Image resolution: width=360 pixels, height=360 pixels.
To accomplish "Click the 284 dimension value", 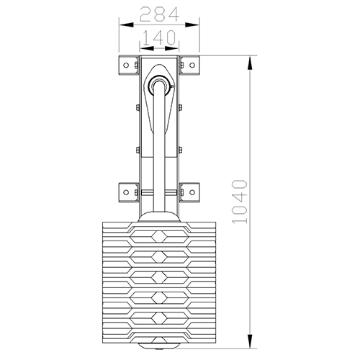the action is pyautogui.click(x=159, y=14).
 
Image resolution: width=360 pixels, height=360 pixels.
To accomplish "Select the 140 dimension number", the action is pyautogui.click(x=159, y=37).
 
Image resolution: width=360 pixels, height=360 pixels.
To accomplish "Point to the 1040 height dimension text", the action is pyautogui.click(x=240, y=202).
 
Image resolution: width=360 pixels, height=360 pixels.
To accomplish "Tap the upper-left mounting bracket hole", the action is pyautogui.click(x=126, y=65).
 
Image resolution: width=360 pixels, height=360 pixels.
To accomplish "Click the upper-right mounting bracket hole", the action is pyautogui.click(x=192, y=65).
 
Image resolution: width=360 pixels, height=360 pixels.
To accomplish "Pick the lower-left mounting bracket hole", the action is pyautogui.click(x=126, y=192).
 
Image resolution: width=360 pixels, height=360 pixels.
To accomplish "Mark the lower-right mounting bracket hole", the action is pyautogui.click(x=192, y=192).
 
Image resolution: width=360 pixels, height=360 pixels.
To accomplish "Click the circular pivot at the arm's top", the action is pyautogui.click(x=159, y=86).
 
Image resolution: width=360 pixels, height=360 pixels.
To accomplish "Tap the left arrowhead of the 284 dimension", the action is pyautogui.click(x=126, y=24).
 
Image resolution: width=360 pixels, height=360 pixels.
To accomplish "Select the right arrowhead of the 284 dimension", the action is pyautogui.click(x=192, y=24).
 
